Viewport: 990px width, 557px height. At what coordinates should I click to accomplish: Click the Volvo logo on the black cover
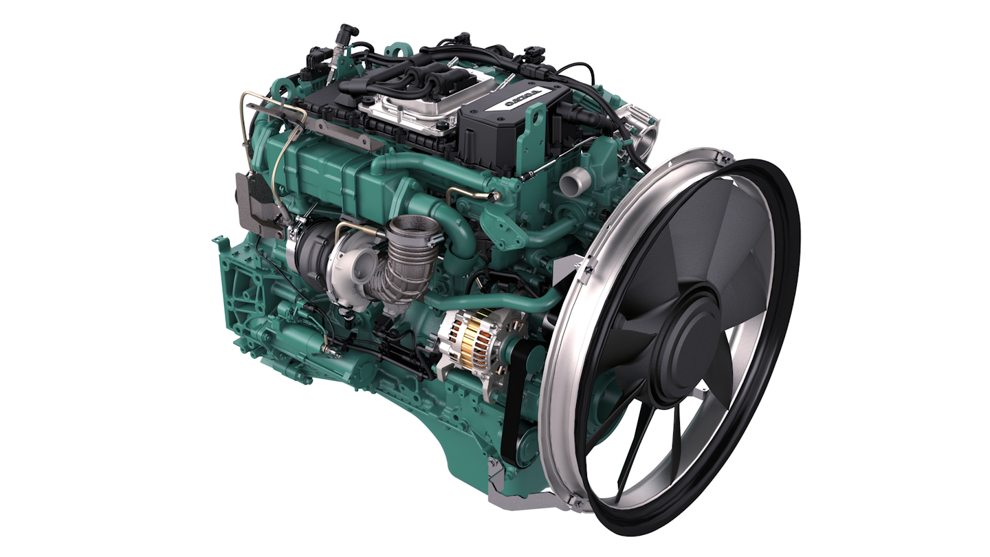522,99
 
